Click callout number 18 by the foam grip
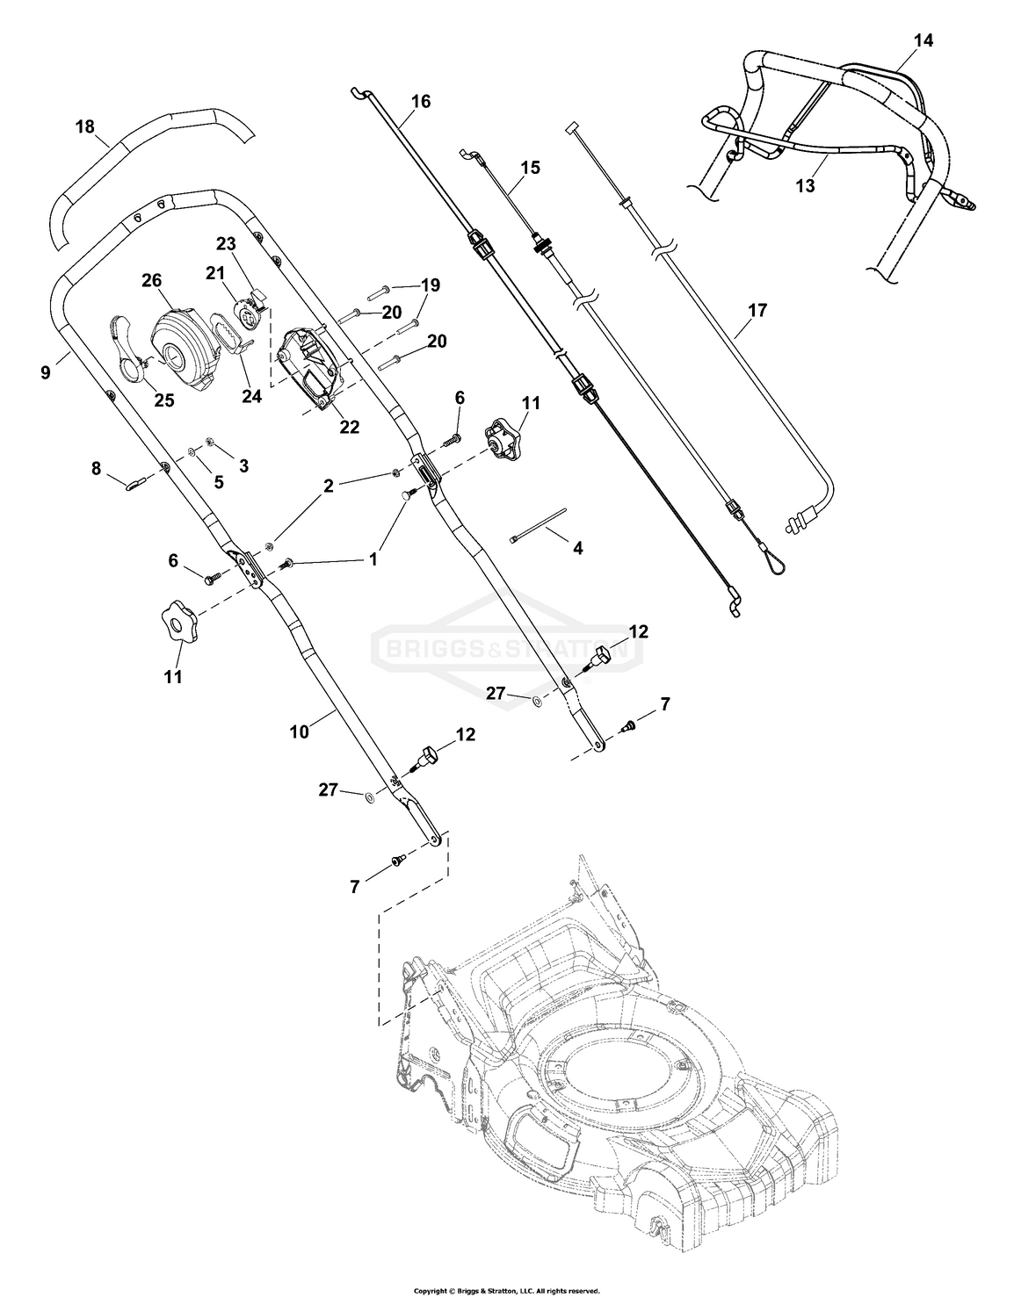pyautogui.click(x=84, y=126)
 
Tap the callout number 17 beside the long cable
pyautogui.click(x=757, y=310)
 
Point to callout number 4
pyautogui.click(x=576, y=549)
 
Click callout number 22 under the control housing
pyautogui.click(x=349, y=427)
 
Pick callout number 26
pyautogui.click(x=152, y=281)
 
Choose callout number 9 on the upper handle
pyautogui.click(x=45, y=372)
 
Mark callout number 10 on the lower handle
pyautogui.click(x=300, y=731)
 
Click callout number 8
pyautogui.click(x=97, y=469)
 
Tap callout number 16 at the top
pyautogui.click(x=420, y=101)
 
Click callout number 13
pyautogui.click(x=805, y=186)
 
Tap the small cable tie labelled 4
pyautogui.click(x=538, y=524)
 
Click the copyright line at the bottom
pyautogui.click(x=506, y=1290)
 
